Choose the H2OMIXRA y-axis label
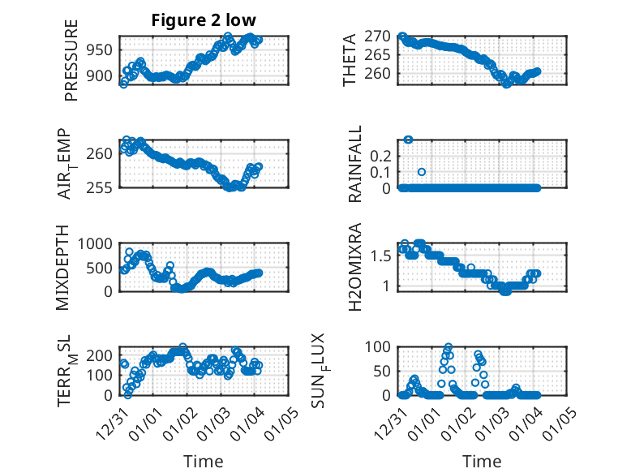(354, 266)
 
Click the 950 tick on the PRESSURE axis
(102, 49)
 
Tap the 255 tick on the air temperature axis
(102, 187)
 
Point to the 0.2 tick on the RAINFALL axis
(381, 155)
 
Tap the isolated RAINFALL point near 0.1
(422, 172)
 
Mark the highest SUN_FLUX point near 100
(449, 346)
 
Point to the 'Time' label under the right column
(482, 461)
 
